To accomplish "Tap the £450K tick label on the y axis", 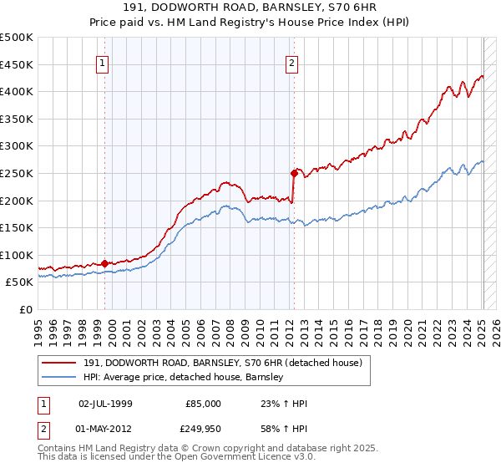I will (17, 64).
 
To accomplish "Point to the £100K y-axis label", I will (17, 256).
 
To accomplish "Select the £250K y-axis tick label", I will (17, 174).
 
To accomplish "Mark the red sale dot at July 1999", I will (104, 263).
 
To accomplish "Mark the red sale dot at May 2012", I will (294, 174).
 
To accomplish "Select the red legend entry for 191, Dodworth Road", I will (222, 363).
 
